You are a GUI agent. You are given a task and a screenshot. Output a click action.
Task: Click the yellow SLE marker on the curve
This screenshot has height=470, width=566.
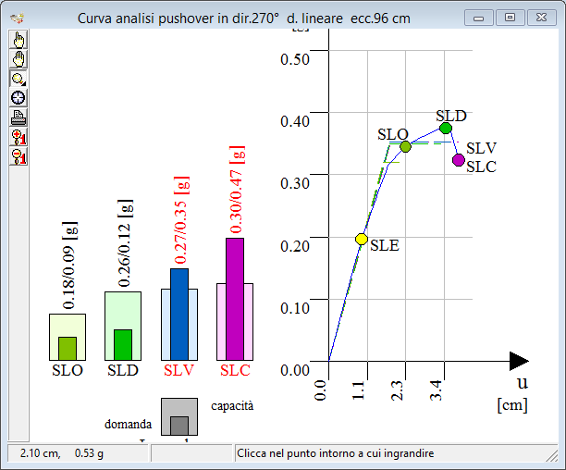pyautogui.click(x=362, y=240)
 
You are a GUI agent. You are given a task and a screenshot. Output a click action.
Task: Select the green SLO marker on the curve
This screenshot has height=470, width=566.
pyautogui.click(x=405, y=146)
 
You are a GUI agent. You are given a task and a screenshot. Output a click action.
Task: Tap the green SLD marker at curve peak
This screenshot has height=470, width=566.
pyautogui.click(x=445, y=128)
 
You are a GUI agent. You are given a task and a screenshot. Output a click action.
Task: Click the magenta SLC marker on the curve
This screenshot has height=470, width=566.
pyautogui.click(x=459, y=160)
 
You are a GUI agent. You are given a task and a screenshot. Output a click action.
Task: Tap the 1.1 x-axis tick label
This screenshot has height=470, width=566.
pyautogui.click(x=361, y=390)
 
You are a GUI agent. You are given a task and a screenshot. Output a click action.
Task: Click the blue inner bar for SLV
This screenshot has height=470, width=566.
pyautogui.click(x=179, y=313)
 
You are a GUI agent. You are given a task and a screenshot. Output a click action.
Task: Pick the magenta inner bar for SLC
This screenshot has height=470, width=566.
pyautogui.click(x=235, y=298)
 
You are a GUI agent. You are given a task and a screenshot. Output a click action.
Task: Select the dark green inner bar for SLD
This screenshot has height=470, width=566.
pyautogui.click(x=123, y=343)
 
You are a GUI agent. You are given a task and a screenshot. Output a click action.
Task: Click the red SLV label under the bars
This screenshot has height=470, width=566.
pyautogui.click(x=178, y=371)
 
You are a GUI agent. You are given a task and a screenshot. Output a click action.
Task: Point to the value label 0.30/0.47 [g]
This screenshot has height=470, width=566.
pyautogui.click(x=238, y=189)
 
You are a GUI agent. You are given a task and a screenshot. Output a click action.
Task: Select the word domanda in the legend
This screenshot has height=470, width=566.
pyautogui.click(x=128, y=424)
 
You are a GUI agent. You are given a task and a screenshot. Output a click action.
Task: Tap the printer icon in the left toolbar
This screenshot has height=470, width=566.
pyautogui.click(x=18, y=117)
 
